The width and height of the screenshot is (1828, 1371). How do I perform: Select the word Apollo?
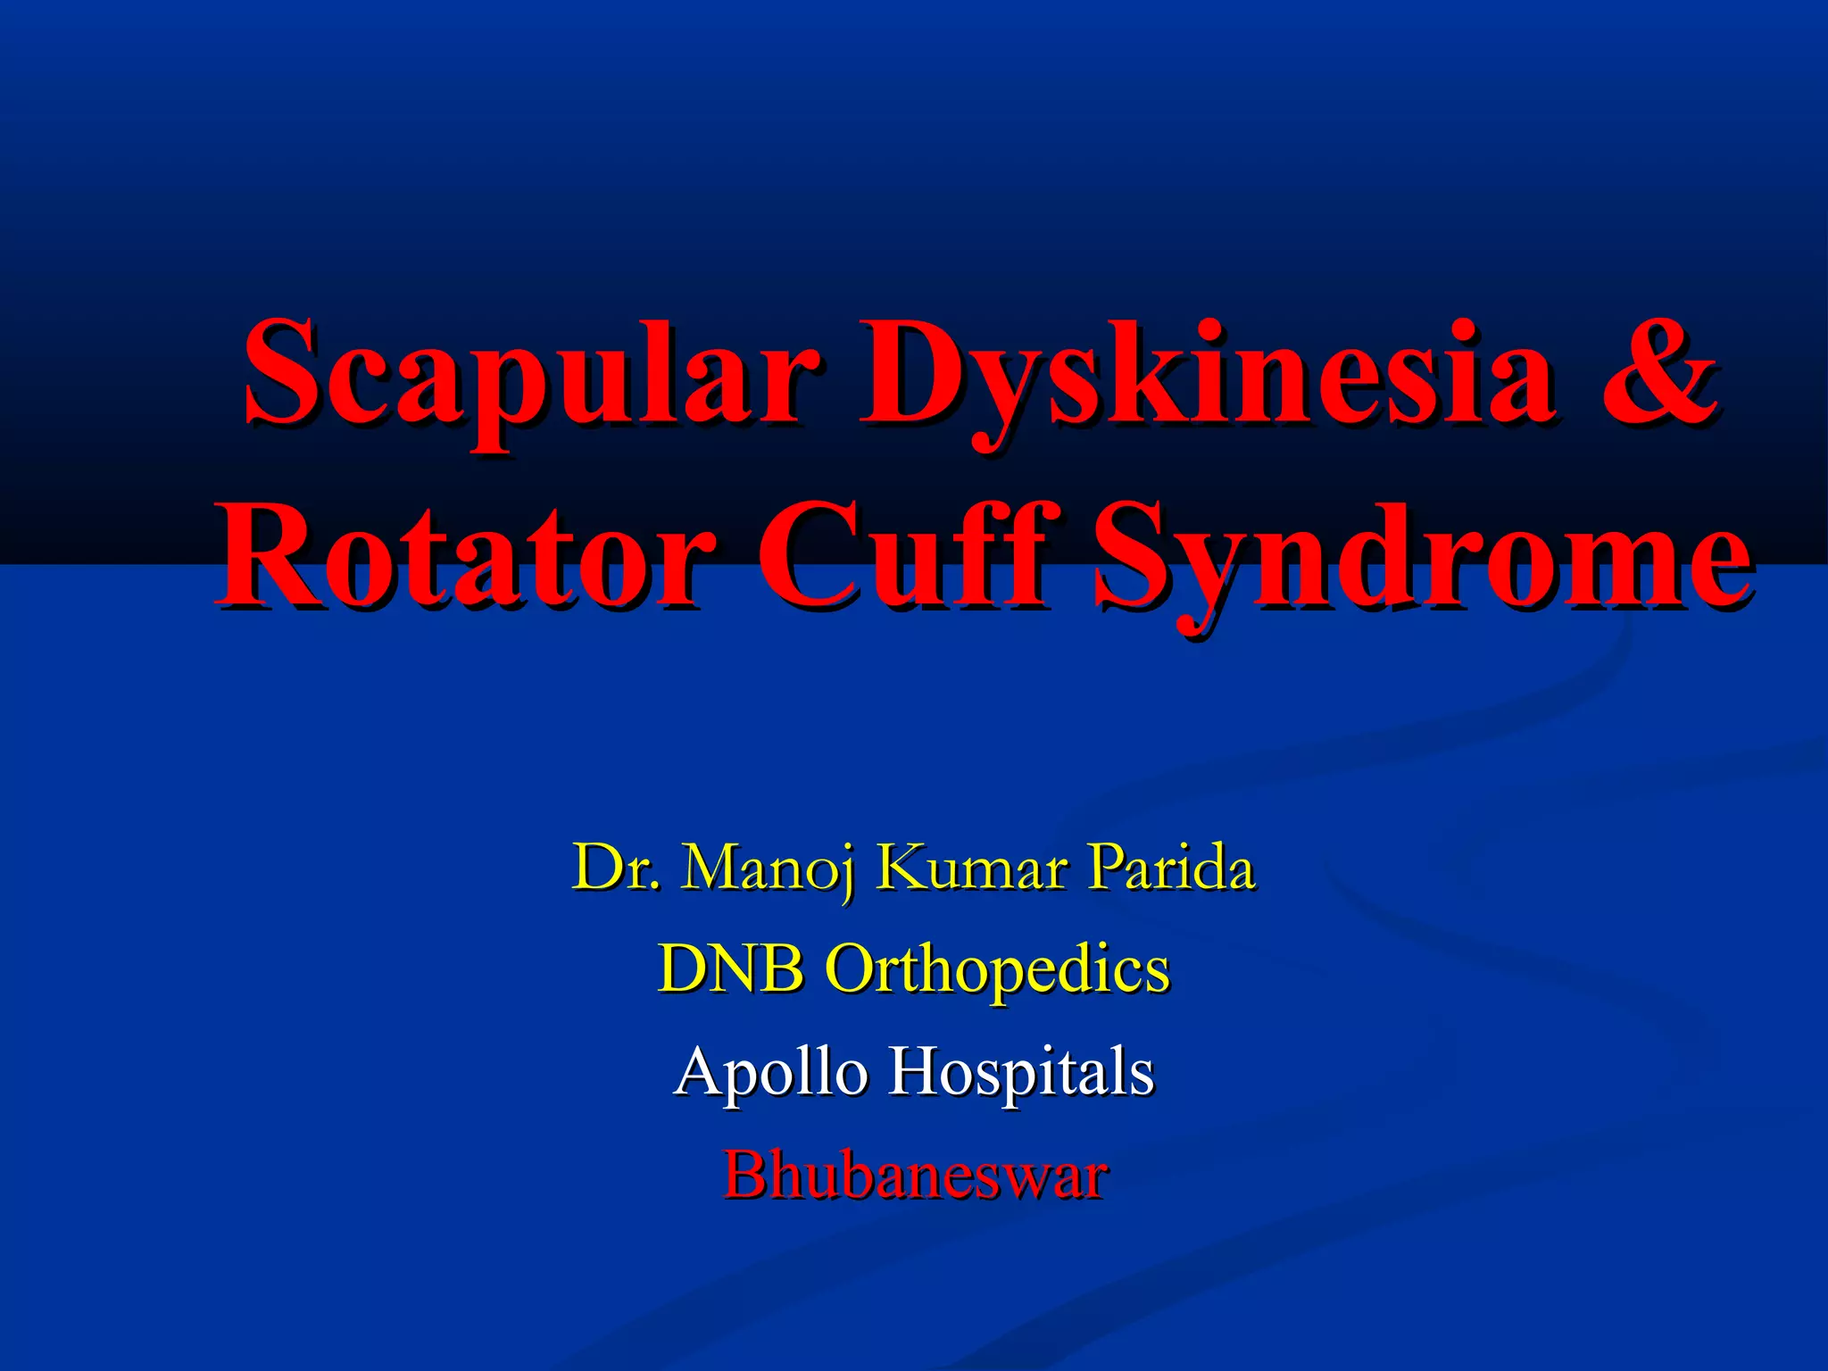(x=771, y=1071)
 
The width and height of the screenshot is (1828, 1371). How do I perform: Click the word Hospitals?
(x=1021, y=1071)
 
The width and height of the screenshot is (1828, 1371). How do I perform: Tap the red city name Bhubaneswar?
(x=916, y=1175)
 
